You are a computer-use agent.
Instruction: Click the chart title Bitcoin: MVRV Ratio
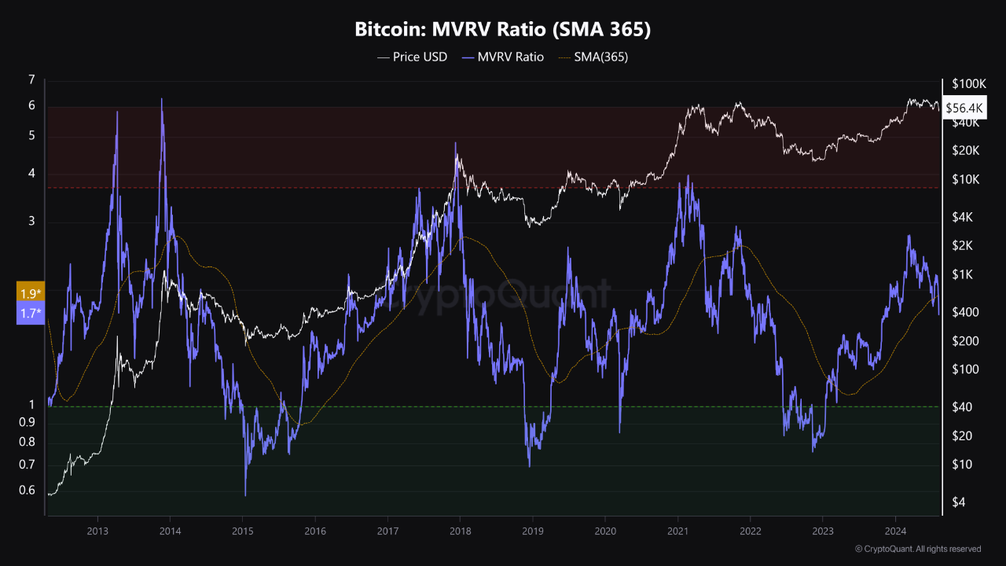point(503,30)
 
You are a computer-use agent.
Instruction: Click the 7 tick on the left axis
point(31,80)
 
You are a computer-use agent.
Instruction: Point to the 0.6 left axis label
point(27,491)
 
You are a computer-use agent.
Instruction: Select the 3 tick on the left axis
point(31,222)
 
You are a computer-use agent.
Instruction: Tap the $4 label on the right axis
point(958,502)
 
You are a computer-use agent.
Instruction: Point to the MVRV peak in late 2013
point(162,99)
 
